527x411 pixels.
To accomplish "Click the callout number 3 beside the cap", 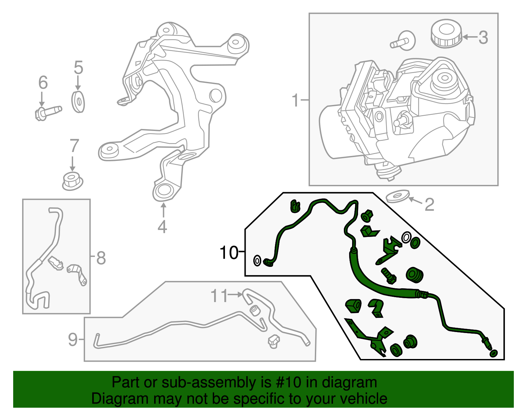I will coord(483,38).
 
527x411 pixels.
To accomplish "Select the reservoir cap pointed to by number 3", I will coord(446,34).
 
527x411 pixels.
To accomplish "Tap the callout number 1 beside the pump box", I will coord(295,100).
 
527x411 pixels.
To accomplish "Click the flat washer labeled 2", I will coord(397,196).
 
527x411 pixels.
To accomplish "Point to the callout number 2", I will coord(429,205).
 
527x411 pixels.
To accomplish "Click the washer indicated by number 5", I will coord(78,102).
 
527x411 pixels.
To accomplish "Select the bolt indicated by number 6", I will coord(48,112).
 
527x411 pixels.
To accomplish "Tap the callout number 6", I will coord(43,82).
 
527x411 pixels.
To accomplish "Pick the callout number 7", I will coord(74,145).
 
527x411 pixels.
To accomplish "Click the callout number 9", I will coord(73,339).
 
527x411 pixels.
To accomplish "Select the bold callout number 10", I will coord(229,253).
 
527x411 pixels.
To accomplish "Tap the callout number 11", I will coord(219,296).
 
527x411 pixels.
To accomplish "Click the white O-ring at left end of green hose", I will coord(257,261).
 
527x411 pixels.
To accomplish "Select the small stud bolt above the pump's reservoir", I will coord(402,41).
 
